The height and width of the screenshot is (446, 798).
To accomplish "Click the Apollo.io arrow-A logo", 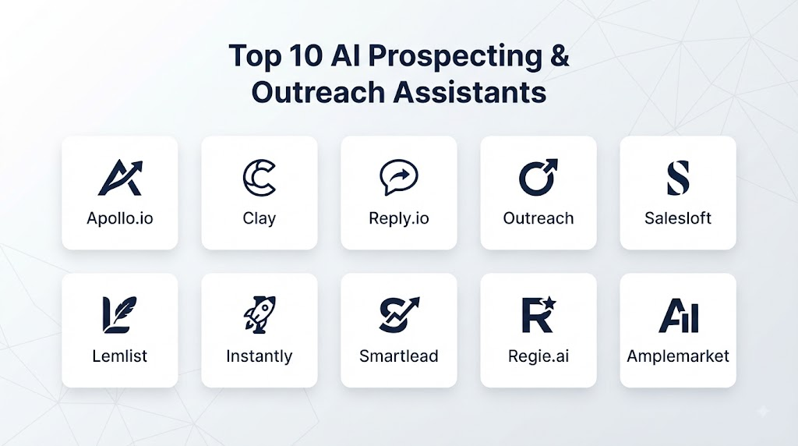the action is coord(121,178).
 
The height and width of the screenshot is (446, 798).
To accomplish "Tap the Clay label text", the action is coord(259,218).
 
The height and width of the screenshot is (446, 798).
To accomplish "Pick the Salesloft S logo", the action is coord(678,178).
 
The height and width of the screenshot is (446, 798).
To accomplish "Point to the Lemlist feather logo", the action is coord(119,315).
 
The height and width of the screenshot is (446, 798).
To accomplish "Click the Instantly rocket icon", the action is coord(260,315).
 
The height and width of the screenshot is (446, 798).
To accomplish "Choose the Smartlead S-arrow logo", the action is coord(399,315).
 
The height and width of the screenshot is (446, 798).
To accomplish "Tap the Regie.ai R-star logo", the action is coord(538,315).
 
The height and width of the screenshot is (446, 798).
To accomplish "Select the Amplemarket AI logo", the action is coord(679,316).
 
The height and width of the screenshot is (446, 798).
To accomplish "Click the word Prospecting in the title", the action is coord(455,57).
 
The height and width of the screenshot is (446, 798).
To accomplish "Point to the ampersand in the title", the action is coord(560,55).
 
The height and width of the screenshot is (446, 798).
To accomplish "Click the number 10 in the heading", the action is coord(306,55).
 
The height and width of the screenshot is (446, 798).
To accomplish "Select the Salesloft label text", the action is coord(678,218).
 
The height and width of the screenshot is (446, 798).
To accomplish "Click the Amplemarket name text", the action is coord(678,356).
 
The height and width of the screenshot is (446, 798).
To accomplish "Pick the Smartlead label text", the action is coord(398,356).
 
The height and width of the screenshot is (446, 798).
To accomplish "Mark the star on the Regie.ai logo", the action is coord(549,303).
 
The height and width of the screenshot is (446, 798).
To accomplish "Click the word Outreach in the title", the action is coord(318,93).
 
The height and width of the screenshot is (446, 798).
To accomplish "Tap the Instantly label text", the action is coord(259,356).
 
